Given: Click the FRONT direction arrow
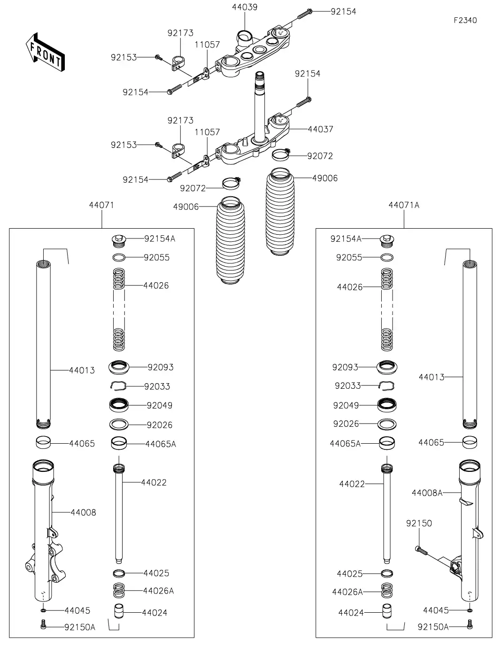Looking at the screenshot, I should coord(45,53).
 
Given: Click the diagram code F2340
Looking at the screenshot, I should coord(465,20).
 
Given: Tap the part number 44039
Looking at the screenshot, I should coord(244,8).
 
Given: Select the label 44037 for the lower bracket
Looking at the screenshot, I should coord(320,129).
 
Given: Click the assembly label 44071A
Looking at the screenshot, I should coord(404,205).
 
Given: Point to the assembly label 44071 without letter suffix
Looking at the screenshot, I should coord(101,205).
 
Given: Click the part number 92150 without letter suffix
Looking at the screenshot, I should coord(419,524).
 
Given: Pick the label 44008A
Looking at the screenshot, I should coord(427,493).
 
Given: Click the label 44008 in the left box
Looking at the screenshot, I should coord(83,512).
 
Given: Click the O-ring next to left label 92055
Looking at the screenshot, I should coord(119,257).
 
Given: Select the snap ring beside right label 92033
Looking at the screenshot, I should coord(386,386).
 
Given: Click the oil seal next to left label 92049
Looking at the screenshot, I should coord(119,405).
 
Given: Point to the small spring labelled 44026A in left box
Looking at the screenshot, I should coord(119,591).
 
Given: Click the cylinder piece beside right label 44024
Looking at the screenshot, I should coord(386,612).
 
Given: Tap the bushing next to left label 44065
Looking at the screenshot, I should coord(44,443).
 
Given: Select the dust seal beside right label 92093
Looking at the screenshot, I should coord(386,367).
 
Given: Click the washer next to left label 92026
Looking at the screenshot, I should coord(119,424).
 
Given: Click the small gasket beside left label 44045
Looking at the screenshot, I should coord(43,610).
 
